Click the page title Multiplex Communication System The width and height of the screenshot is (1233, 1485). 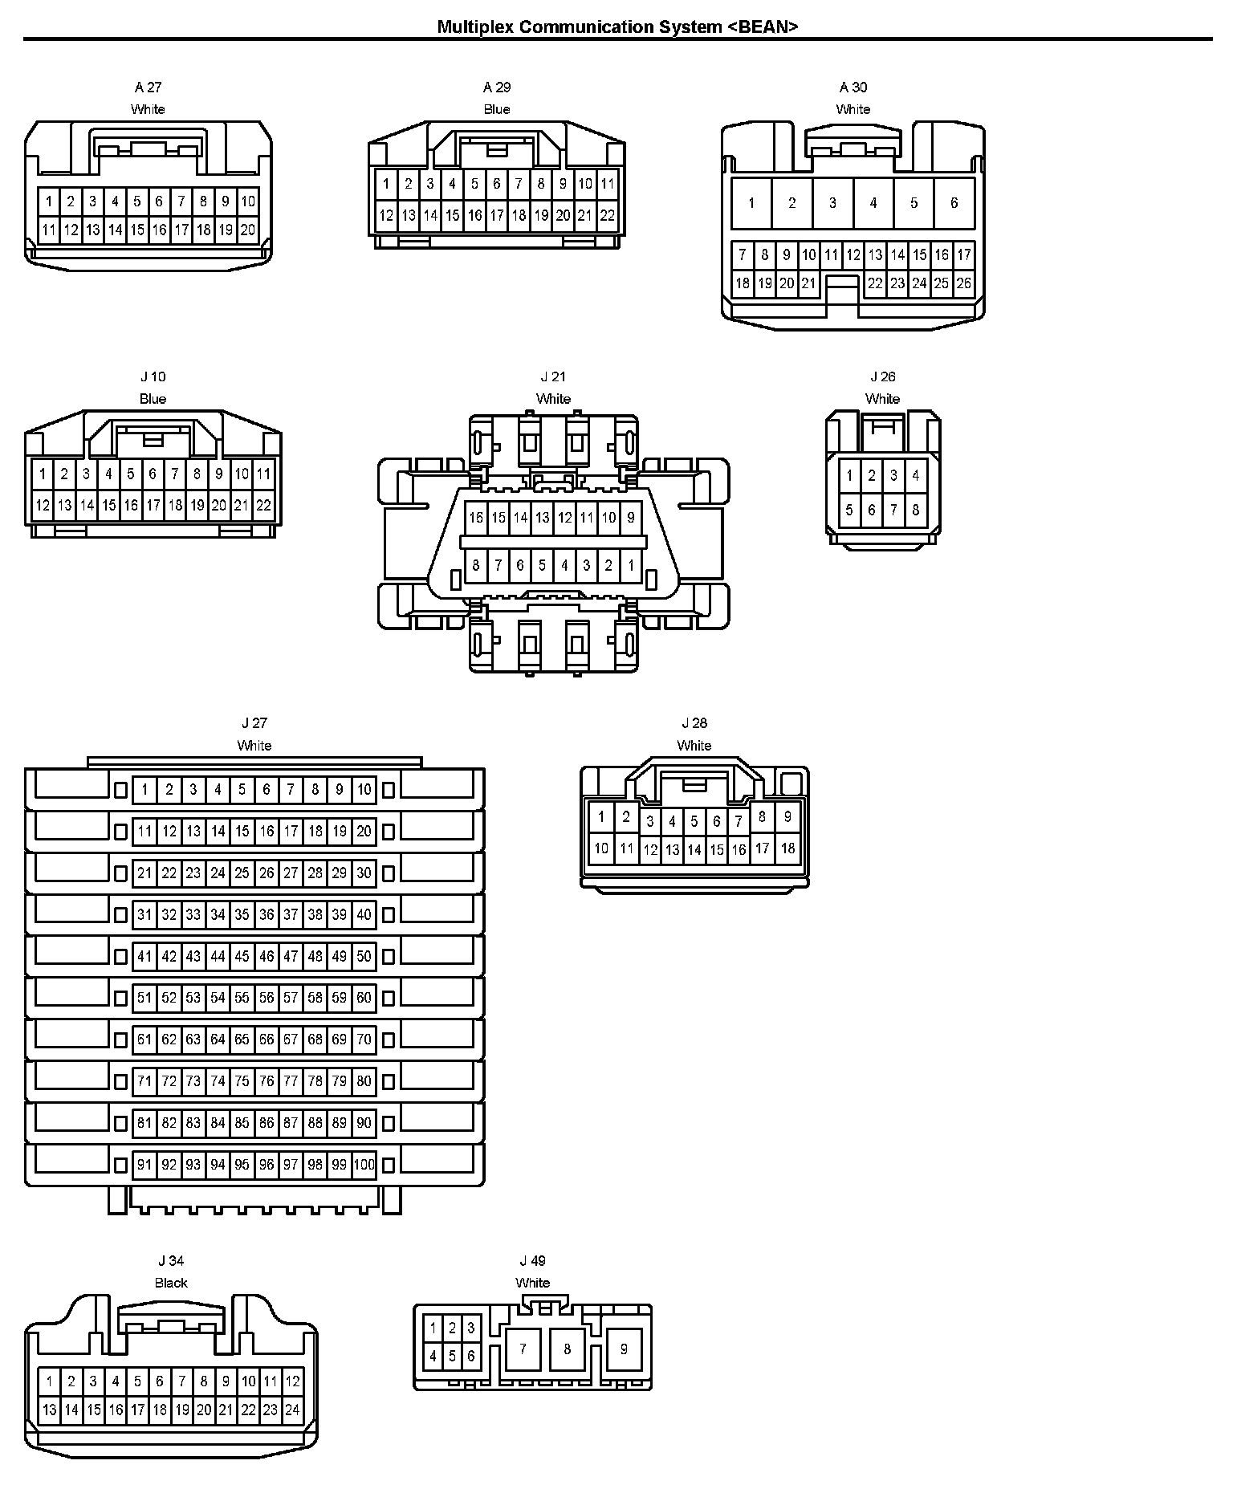[618, 26]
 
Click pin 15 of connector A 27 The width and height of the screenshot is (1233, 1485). [137, 230]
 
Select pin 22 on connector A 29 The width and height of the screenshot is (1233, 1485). [608, 215]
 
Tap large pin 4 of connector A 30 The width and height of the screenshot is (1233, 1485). [873, 203]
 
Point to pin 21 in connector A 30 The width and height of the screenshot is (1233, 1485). [808, 283]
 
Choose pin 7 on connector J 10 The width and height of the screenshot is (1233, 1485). [175, 474]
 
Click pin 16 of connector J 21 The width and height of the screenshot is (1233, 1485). [476, 518]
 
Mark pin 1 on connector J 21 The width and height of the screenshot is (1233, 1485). [631, 566]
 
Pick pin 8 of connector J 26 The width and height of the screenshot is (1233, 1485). [915, 510]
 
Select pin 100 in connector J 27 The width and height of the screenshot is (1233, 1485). [364, 1165]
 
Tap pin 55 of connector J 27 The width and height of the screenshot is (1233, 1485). [242, 998]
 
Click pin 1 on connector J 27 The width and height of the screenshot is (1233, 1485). [144, 790]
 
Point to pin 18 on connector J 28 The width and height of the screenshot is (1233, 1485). [787, 848]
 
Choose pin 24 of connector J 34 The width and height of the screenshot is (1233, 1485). [292, 1409]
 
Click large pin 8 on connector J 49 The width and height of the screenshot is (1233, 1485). [567, 1349]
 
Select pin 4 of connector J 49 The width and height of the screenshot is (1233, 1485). [433, 1356]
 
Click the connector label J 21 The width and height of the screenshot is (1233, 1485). [553, 376]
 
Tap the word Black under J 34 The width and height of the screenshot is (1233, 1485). [171, 1283]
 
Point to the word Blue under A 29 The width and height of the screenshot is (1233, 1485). [497, 109]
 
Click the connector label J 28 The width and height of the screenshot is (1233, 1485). [694, 723]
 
